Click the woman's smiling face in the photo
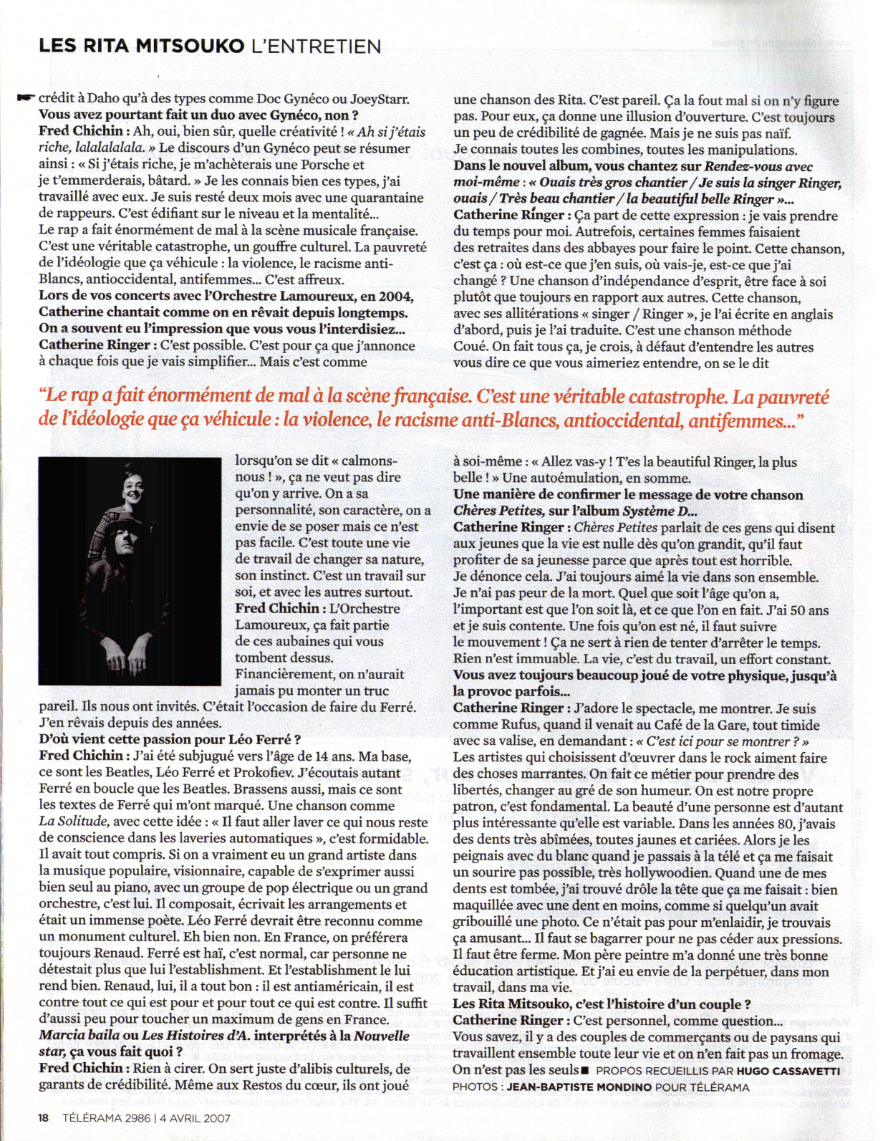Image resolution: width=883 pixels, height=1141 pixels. [132, 489]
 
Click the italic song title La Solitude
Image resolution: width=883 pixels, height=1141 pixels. [74, 822]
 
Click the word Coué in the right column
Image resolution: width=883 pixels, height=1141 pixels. [470, 347]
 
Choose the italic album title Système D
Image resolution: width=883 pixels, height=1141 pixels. [658, 511]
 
